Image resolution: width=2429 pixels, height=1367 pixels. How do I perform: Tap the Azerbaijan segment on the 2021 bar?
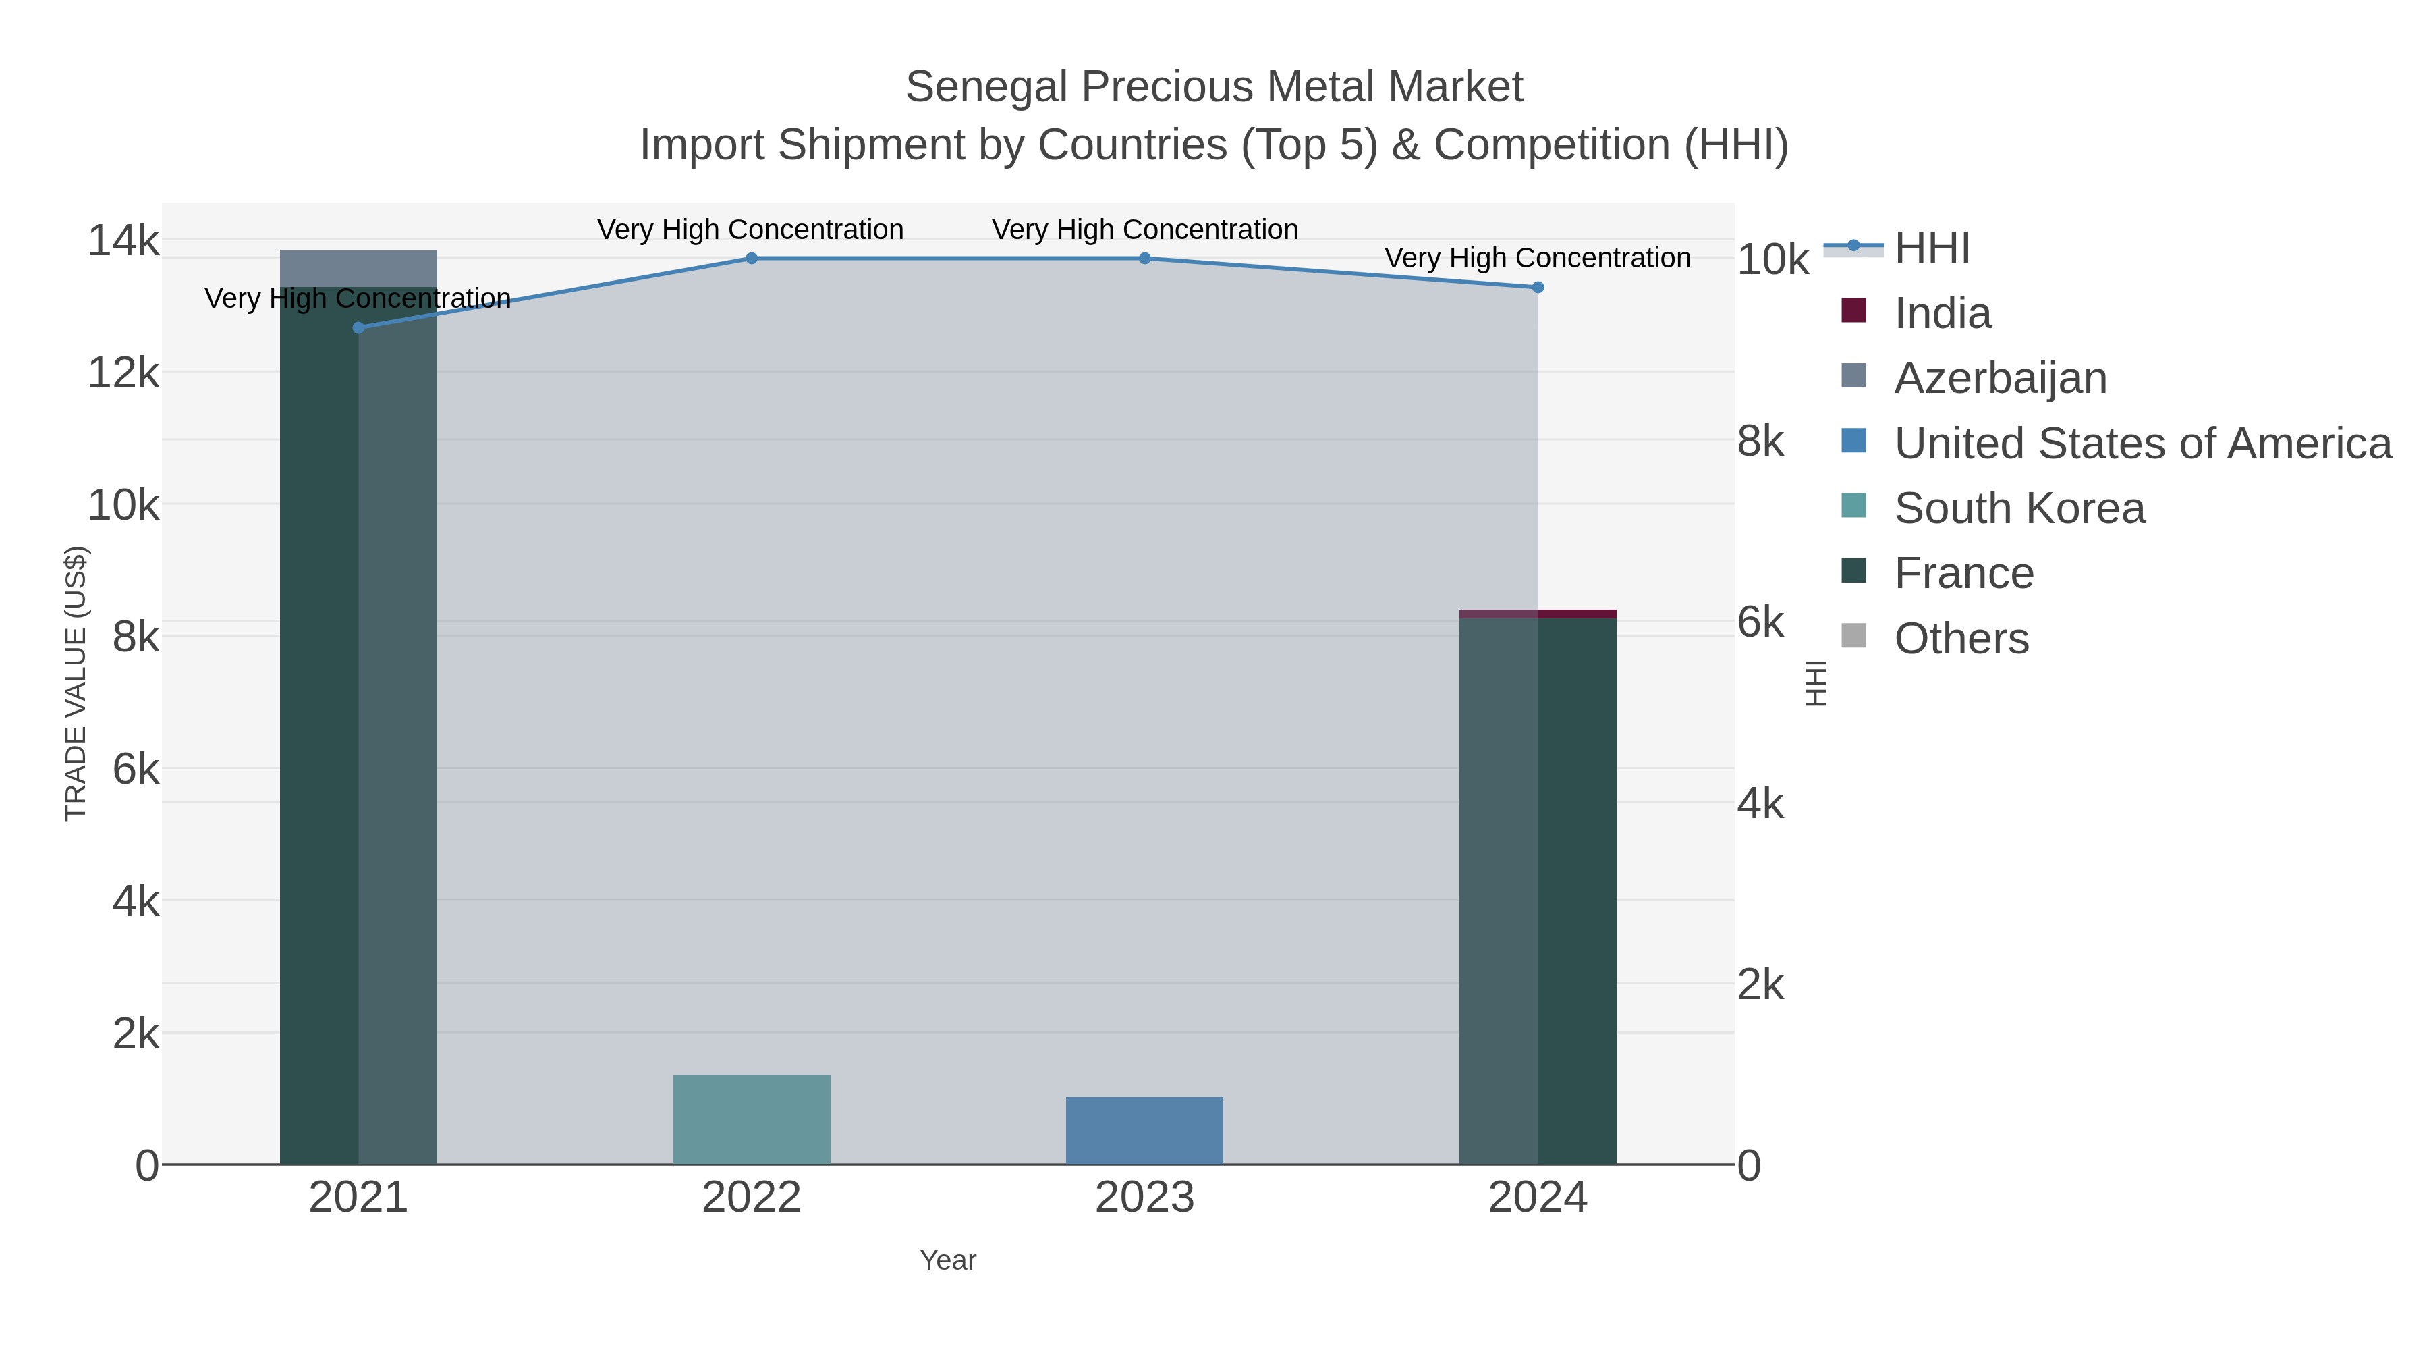coord(358,268)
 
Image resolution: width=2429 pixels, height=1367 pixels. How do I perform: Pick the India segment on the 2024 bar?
coord(1538,614)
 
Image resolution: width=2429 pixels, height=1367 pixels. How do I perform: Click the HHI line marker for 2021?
coord(358,327)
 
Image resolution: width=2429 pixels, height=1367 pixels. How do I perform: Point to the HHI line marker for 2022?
coord(752,259)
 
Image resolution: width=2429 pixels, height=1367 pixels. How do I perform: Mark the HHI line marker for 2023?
coord(1145,259)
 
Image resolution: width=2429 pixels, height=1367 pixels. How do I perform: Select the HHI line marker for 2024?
coord(1538,287)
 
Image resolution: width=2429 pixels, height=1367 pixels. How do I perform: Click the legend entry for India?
coord(1943,313)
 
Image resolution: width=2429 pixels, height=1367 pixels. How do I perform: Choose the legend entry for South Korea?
coord(2019,508)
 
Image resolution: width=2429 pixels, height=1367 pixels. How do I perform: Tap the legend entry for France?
coord(1963,574)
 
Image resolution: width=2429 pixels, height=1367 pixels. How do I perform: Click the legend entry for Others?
coord(1961,639)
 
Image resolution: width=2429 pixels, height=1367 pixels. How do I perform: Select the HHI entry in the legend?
coord(1931,248)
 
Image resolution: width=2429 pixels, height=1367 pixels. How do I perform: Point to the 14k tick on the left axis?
coord(123,240)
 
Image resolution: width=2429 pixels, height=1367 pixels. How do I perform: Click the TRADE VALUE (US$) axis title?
coord(76,683)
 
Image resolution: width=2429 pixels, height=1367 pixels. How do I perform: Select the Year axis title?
coord(948,1260)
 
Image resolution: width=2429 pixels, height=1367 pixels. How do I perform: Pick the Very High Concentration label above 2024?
coord(1537,258)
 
